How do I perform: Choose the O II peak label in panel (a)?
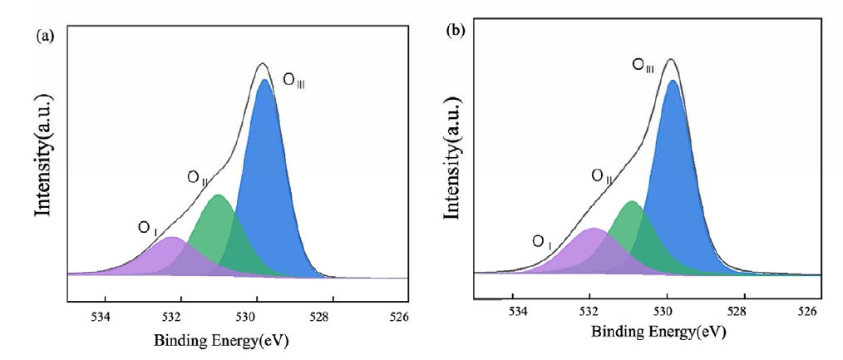(197, 177)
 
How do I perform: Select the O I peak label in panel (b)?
(541, 242)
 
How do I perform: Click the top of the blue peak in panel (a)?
(264, 80)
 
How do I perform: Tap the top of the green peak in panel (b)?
(631, 201)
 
